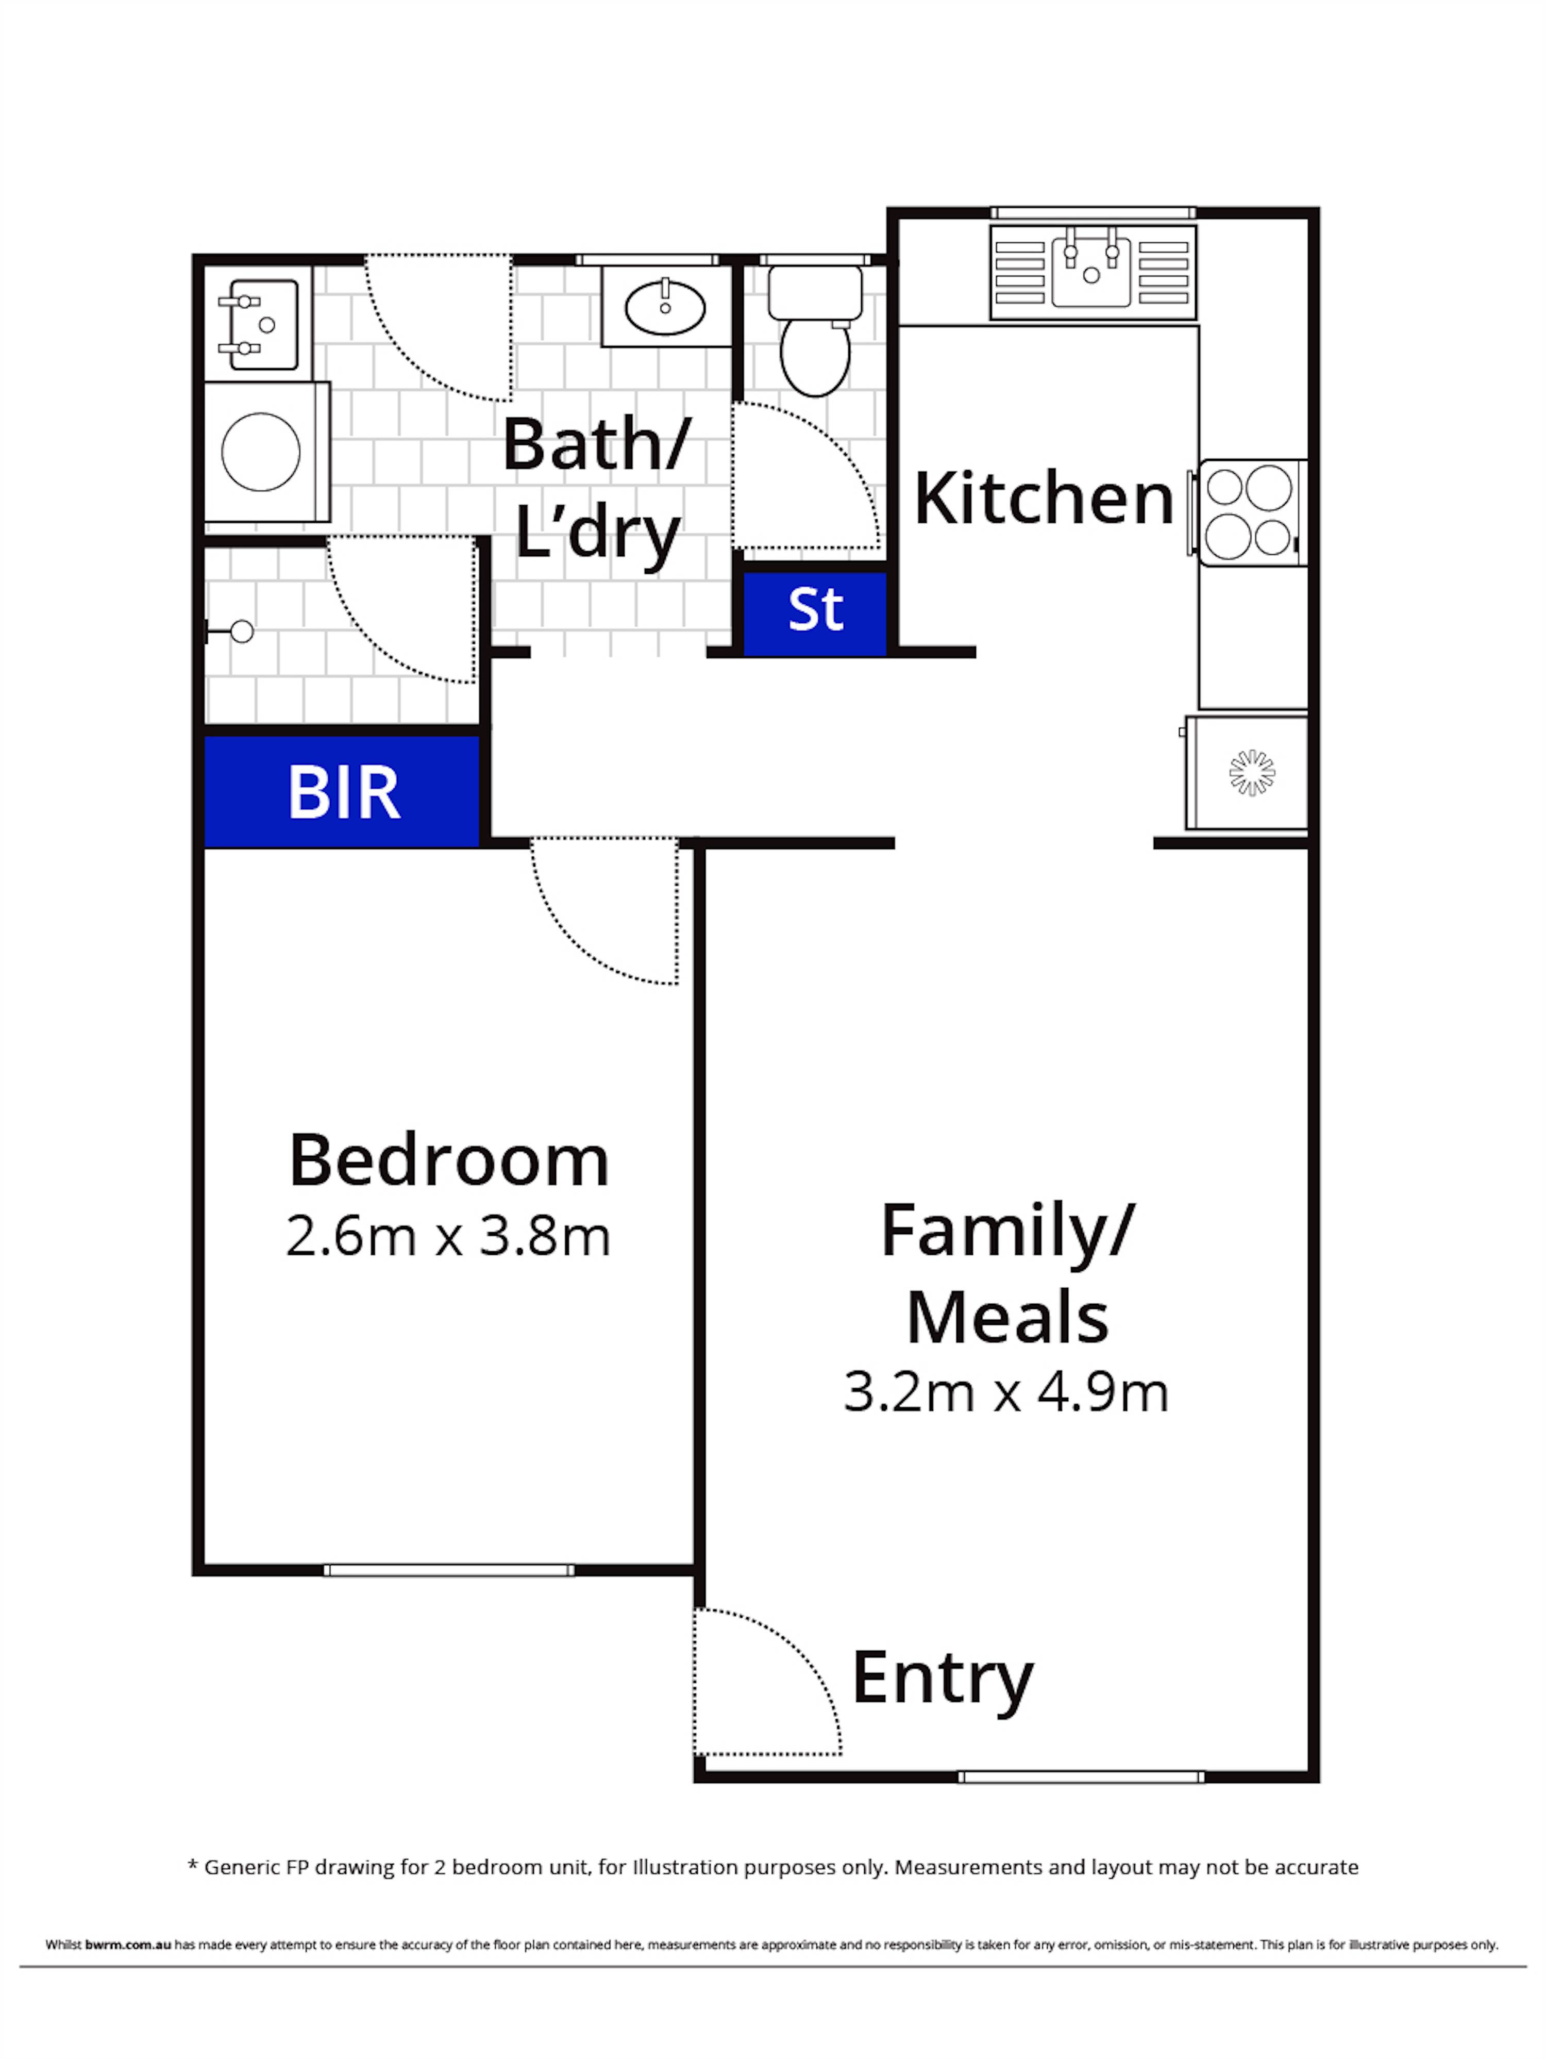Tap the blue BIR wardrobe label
(343, 792)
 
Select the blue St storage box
(815, 611)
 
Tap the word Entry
(942, 1679)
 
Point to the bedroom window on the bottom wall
(449, 1570)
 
